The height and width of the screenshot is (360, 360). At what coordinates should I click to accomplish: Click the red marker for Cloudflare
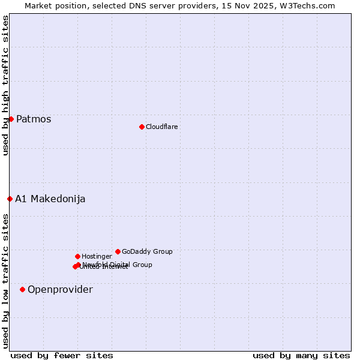142,127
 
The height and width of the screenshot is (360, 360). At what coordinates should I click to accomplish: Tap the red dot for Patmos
11,119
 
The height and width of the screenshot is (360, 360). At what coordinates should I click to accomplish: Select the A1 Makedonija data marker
10,199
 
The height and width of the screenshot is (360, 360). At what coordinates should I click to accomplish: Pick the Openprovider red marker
22,289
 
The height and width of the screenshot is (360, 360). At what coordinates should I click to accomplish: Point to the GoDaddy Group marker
118,251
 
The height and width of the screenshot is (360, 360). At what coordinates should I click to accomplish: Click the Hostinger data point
77,256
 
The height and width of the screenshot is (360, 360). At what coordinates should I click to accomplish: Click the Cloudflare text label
161,127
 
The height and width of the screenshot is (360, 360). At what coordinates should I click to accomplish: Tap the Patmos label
34,119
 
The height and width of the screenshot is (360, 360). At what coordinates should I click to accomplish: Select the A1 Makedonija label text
50,199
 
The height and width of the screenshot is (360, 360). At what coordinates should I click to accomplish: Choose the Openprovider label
60,289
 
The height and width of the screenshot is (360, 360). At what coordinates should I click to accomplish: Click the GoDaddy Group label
147,251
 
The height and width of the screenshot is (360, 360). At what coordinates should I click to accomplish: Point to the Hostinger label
97,256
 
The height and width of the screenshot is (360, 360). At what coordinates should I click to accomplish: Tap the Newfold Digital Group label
118,264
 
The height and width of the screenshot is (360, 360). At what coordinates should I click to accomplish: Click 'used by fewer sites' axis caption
62,355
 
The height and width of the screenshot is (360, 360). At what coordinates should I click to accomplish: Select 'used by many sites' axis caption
301,355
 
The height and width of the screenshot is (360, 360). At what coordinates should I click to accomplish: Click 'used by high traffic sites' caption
5,85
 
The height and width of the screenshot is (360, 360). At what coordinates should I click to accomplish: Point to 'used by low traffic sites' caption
5,281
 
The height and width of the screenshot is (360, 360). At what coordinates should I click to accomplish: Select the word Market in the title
38,5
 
